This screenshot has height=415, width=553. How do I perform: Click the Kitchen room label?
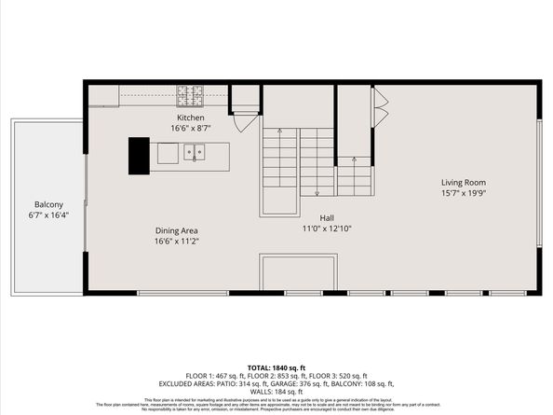click(191, 118)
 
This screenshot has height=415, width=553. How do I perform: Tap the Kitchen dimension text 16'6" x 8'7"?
click(191, 128)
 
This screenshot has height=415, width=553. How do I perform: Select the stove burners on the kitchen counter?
click(191, 93)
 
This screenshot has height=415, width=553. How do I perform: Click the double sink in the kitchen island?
click(194, 152)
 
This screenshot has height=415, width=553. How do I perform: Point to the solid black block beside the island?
click(139, 156)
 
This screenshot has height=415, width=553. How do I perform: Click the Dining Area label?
click(176, 230)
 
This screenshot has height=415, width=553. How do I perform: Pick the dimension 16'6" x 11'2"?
click(176, 241)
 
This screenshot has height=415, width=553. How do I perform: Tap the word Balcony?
click(48, 204)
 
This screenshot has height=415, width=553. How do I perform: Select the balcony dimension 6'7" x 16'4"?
click(48, 214)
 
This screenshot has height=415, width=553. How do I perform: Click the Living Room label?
click(463, 182)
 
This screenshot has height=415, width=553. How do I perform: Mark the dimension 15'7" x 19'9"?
click(463, 192)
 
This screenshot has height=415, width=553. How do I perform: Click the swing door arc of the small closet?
click(246, 120)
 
